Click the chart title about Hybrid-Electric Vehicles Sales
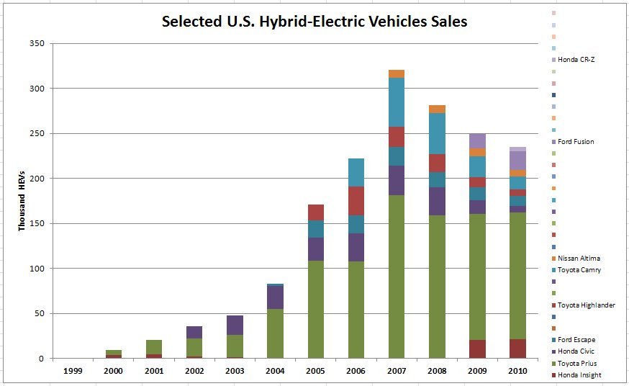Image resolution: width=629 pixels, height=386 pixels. [x=314, y=22]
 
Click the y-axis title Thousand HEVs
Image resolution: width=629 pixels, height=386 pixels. [x=22, y=201]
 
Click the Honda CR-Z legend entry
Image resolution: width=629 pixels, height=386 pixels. [x=576, y=60]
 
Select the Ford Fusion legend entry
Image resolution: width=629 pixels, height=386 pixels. [x=576, y=142]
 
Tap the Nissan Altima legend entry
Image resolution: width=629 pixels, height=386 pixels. [x=579, y=258]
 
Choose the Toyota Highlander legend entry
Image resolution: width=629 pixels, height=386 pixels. [x=586, y=305]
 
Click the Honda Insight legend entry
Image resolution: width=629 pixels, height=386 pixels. [x=579, y=374]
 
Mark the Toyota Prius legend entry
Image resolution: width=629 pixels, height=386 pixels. [x=577, y=363]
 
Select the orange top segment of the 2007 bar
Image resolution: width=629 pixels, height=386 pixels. [x=396, y=73]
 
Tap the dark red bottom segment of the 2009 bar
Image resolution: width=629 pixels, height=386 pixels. [x=476, y=349]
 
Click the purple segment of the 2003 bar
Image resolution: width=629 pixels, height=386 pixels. [x=235, y=326]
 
